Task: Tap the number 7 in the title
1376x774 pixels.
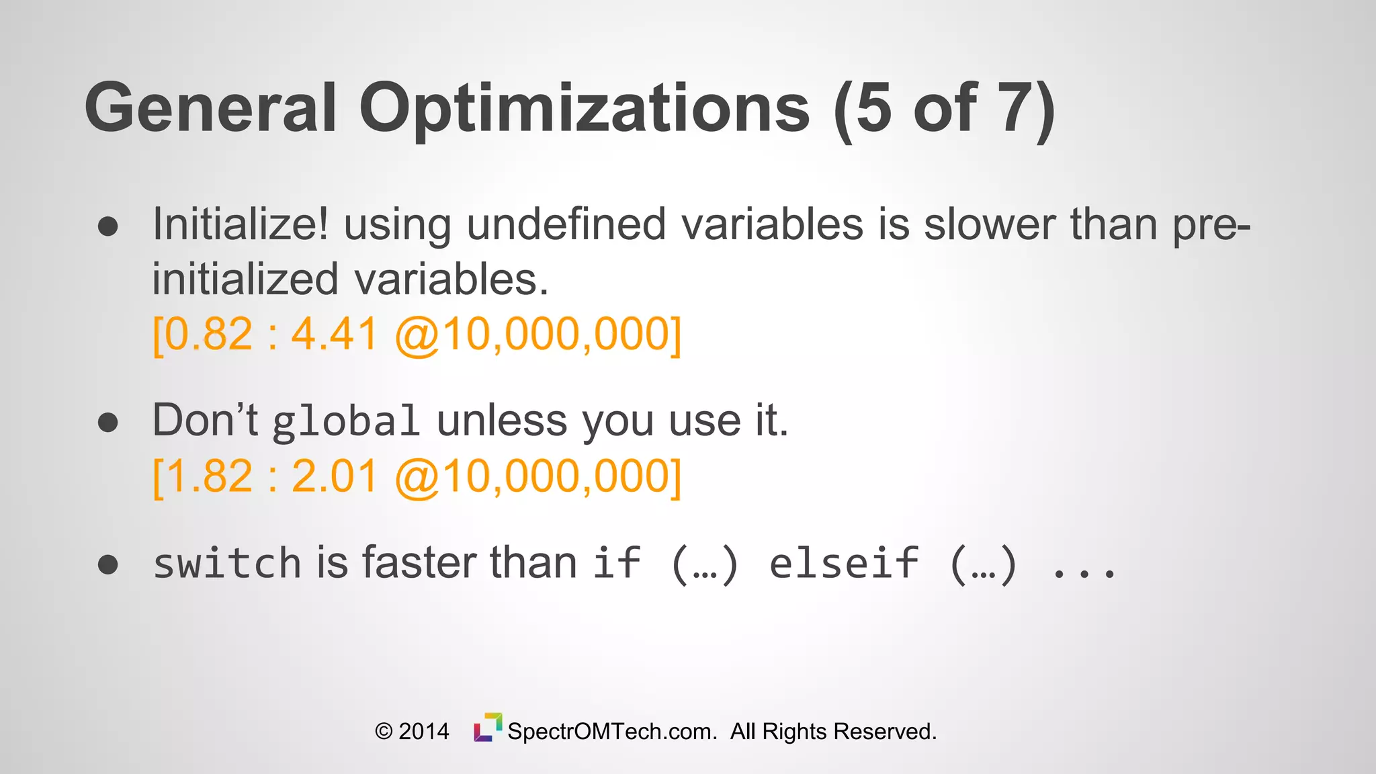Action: (1016, 107)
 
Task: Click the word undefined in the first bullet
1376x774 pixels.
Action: (566, 224)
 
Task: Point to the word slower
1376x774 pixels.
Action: (989, 224)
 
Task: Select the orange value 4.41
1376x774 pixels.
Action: (334, 335)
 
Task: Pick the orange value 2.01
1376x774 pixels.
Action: (334, 476)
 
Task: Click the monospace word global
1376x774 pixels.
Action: (346, 422)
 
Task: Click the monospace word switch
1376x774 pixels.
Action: (226, 563)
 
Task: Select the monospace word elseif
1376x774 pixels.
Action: (843, 563)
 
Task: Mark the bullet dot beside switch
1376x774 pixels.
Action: (107, 564)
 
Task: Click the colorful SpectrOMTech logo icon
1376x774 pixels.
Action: (488, 728)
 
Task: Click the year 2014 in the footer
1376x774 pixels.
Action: (423, 732)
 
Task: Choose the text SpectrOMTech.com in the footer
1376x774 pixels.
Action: (612, 732)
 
